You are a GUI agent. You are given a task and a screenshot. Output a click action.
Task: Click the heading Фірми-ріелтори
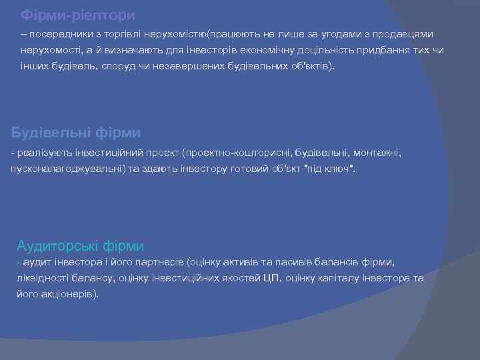pyautogui.click(x=77, y=14)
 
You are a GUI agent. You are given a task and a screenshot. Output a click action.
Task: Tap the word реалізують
pyautogui.click(x=41, y=153)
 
